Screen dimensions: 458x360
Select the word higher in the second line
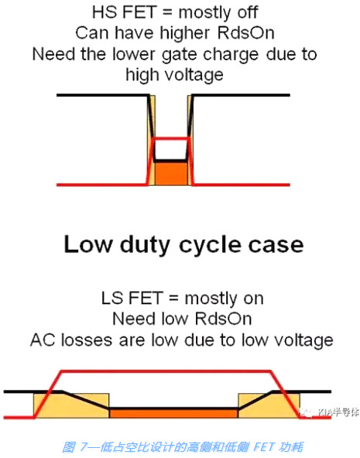coord(193,33)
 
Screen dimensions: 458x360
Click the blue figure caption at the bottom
coord(180,445)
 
